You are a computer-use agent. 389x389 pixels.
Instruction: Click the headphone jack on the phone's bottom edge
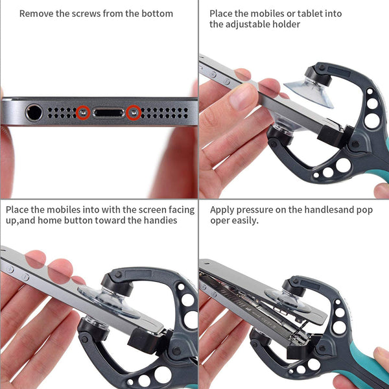pyautogui.click(x=34, y=113)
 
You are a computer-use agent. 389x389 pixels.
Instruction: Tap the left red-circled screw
pyautogui.click(x=83, y=113)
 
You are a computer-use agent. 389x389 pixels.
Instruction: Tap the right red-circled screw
pyautogui.click(x=134, y=112)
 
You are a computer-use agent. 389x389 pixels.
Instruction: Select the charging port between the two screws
pyautogui.click(x=108, y=113)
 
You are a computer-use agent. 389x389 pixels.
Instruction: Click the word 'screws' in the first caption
pyautogui.click(x=86, y=14)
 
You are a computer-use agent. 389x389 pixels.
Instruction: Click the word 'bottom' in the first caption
pyautogui.click(x=157, y=14)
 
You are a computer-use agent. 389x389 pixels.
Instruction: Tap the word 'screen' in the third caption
pyautogui.click(x=152, y=210)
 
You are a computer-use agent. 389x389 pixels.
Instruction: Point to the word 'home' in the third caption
pyautogui.click(x=50, y=220)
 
